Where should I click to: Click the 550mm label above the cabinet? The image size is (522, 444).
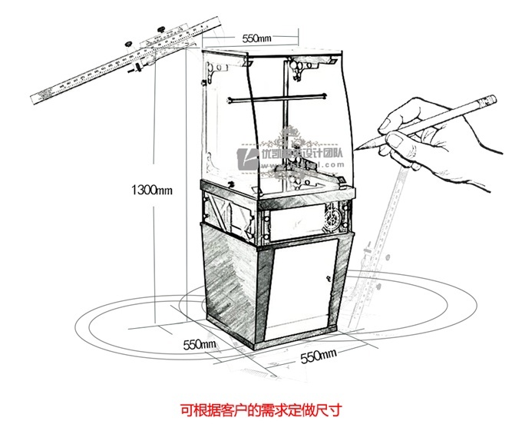coord(257,38)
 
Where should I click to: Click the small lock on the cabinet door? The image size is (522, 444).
coord(330,275)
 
